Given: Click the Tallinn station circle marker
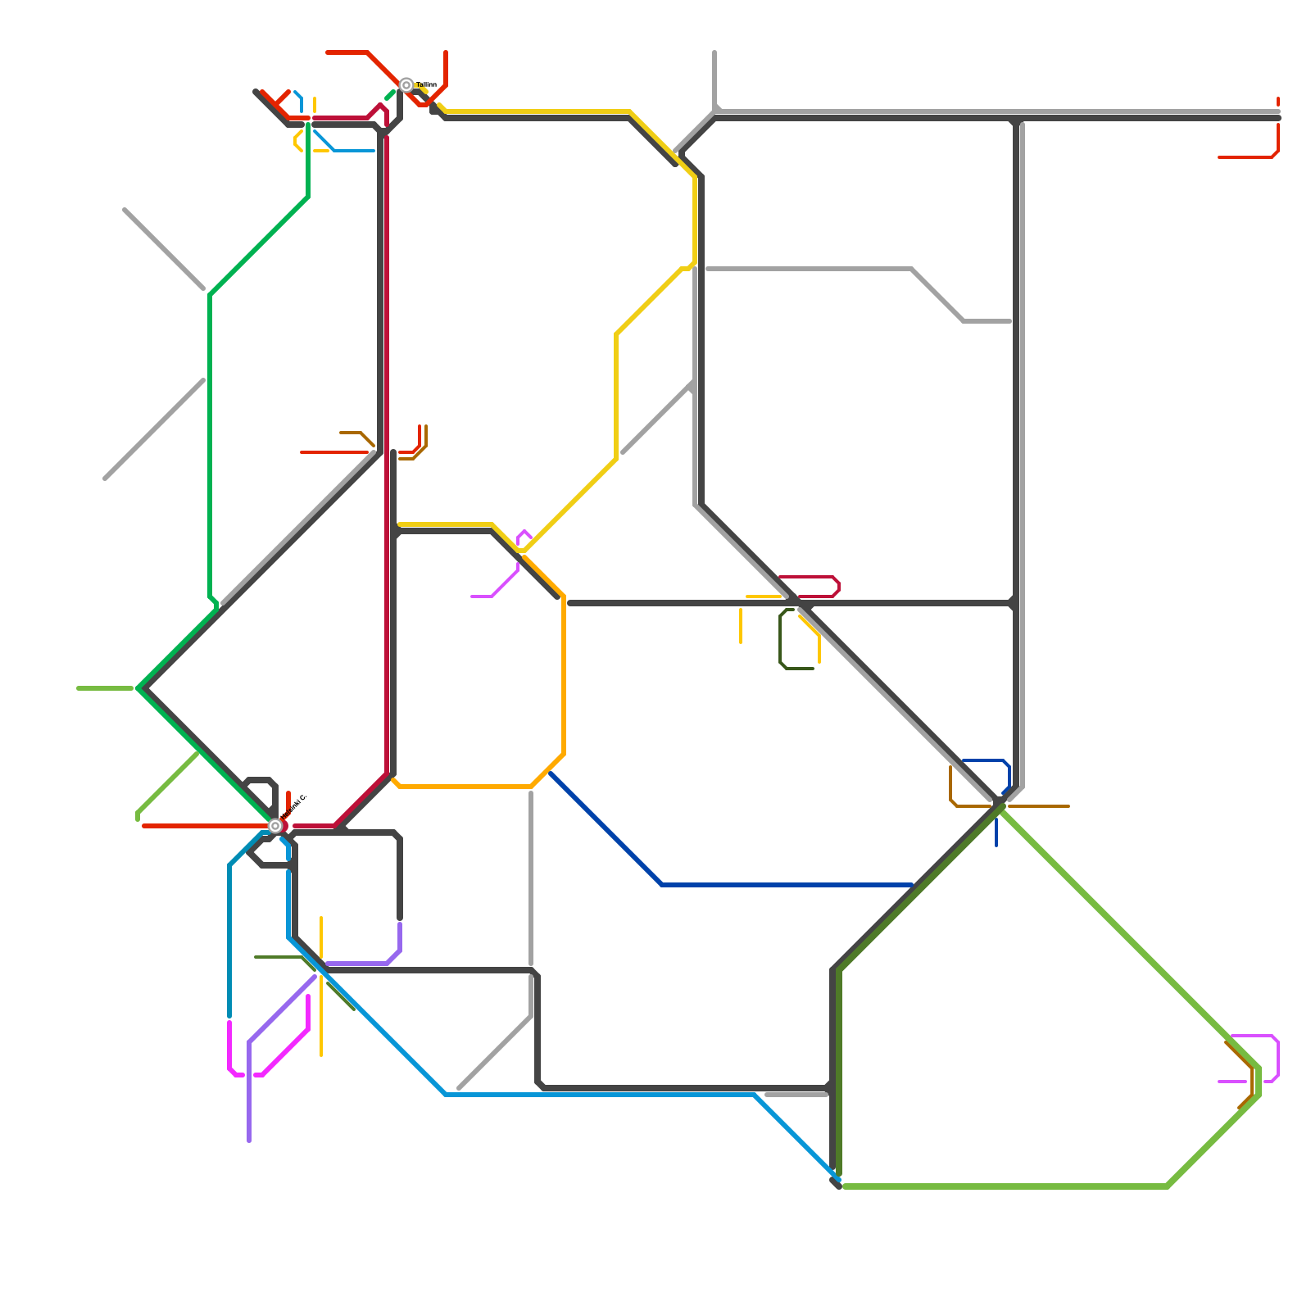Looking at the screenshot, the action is tap(406, 85).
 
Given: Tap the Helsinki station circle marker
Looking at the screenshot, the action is tap(275, 826).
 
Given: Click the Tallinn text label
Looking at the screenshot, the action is tap(426, 85).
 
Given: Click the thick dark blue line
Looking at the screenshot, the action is tap(737, 885).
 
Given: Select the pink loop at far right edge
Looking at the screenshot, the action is tap(1277, 1057).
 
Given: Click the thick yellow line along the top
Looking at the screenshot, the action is tap(533, 111).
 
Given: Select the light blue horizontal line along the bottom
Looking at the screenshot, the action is tap(598, 1095).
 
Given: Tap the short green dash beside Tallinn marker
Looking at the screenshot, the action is tap(390, 96).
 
